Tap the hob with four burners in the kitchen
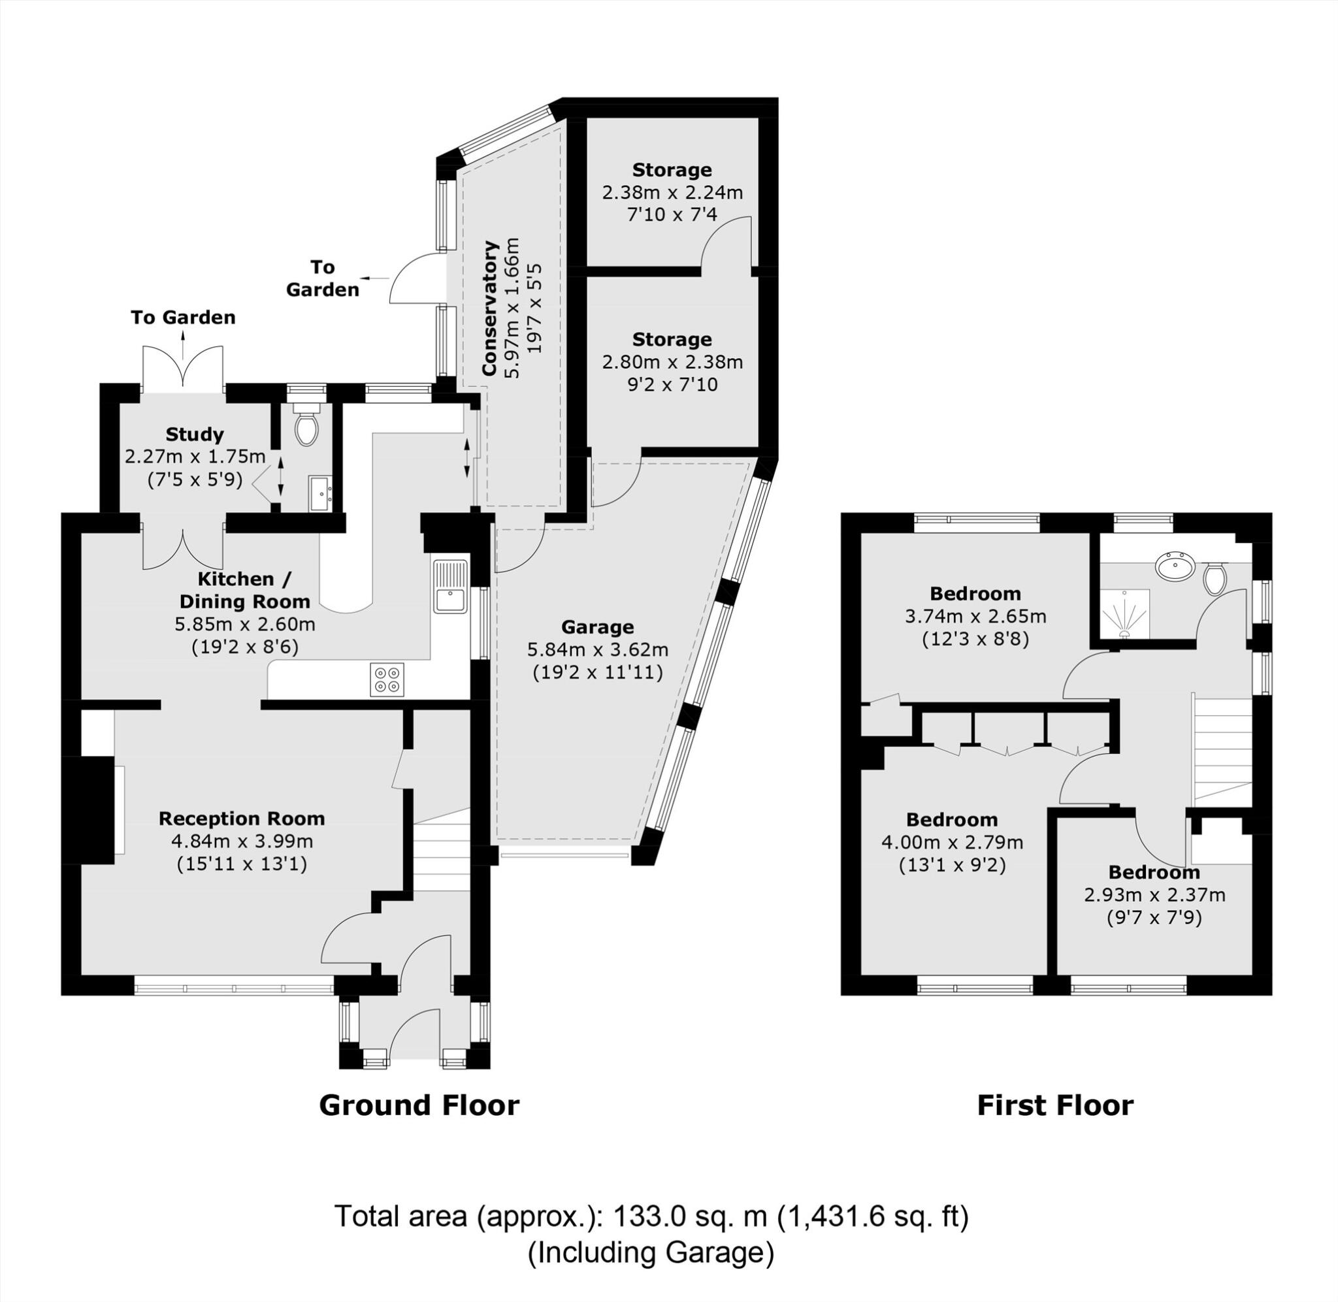[386, 679]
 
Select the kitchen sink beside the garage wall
[449, 587]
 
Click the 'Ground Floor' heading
[419, 1105]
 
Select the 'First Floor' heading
[1055, 1105]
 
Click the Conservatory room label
[489, 308]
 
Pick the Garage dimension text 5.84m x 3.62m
[598, 649]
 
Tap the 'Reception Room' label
[241, 819]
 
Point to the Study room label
[195, 434]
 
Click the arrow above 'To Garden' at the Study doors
[183, 342]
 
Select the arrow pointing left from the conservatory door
[374, 278]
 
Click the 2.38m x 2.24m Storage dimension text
[672, 193]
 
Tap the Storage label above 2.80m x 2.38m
[672, 339]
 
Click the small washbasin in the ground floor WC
[321, 493]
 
